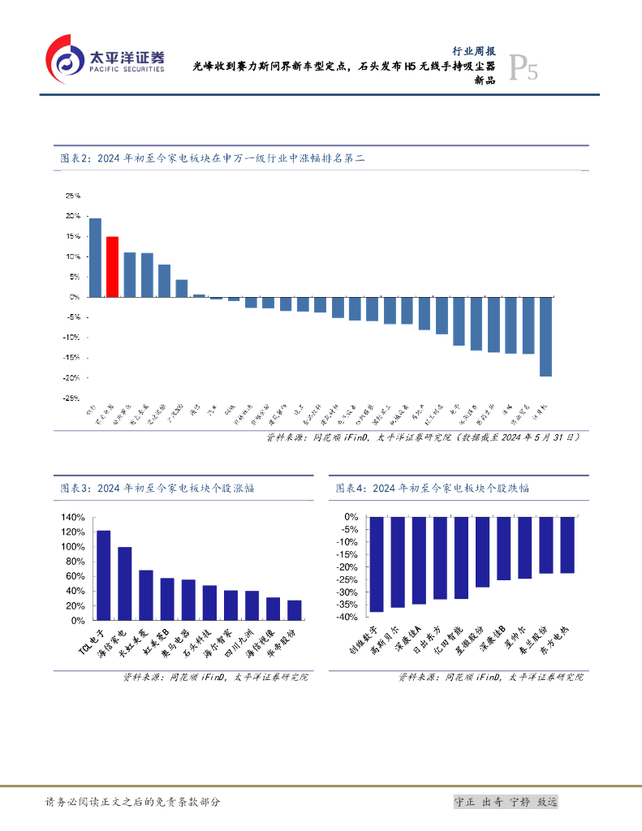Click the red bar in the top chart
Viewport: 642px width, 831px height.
click(112, 266)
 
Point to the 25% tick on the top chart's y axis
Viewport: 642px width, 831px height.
click(73, 196)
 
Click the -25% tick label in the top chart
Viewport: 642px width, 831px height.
click(71, 398)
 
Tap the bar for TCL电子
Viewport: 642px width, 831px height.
click(103, 575)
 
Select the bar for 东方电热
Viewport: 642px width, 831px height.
click(567, 545)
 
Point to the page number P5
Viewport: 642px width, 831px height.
click(523, 69)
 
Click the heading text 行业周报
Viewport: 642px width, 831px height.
click(473, 50)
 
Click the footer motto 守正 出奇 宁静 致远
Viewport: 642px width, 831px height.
click(506, 802)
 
